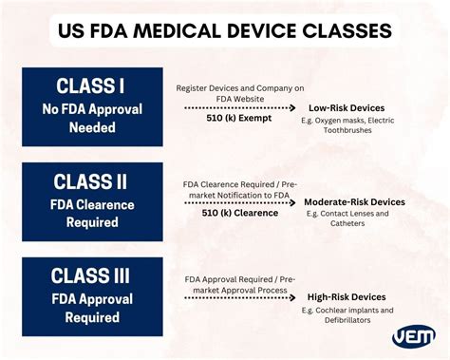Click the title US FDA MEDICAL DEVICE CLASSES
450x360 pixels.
pos(225,30)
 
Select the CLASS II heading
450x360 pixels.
pos(91,181)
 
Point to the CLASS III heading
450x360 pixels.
pos(91,276)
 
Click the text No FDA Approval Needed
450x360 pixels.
pos(91,117)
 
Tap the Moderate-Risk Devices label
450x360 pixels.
pos(354,202)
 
